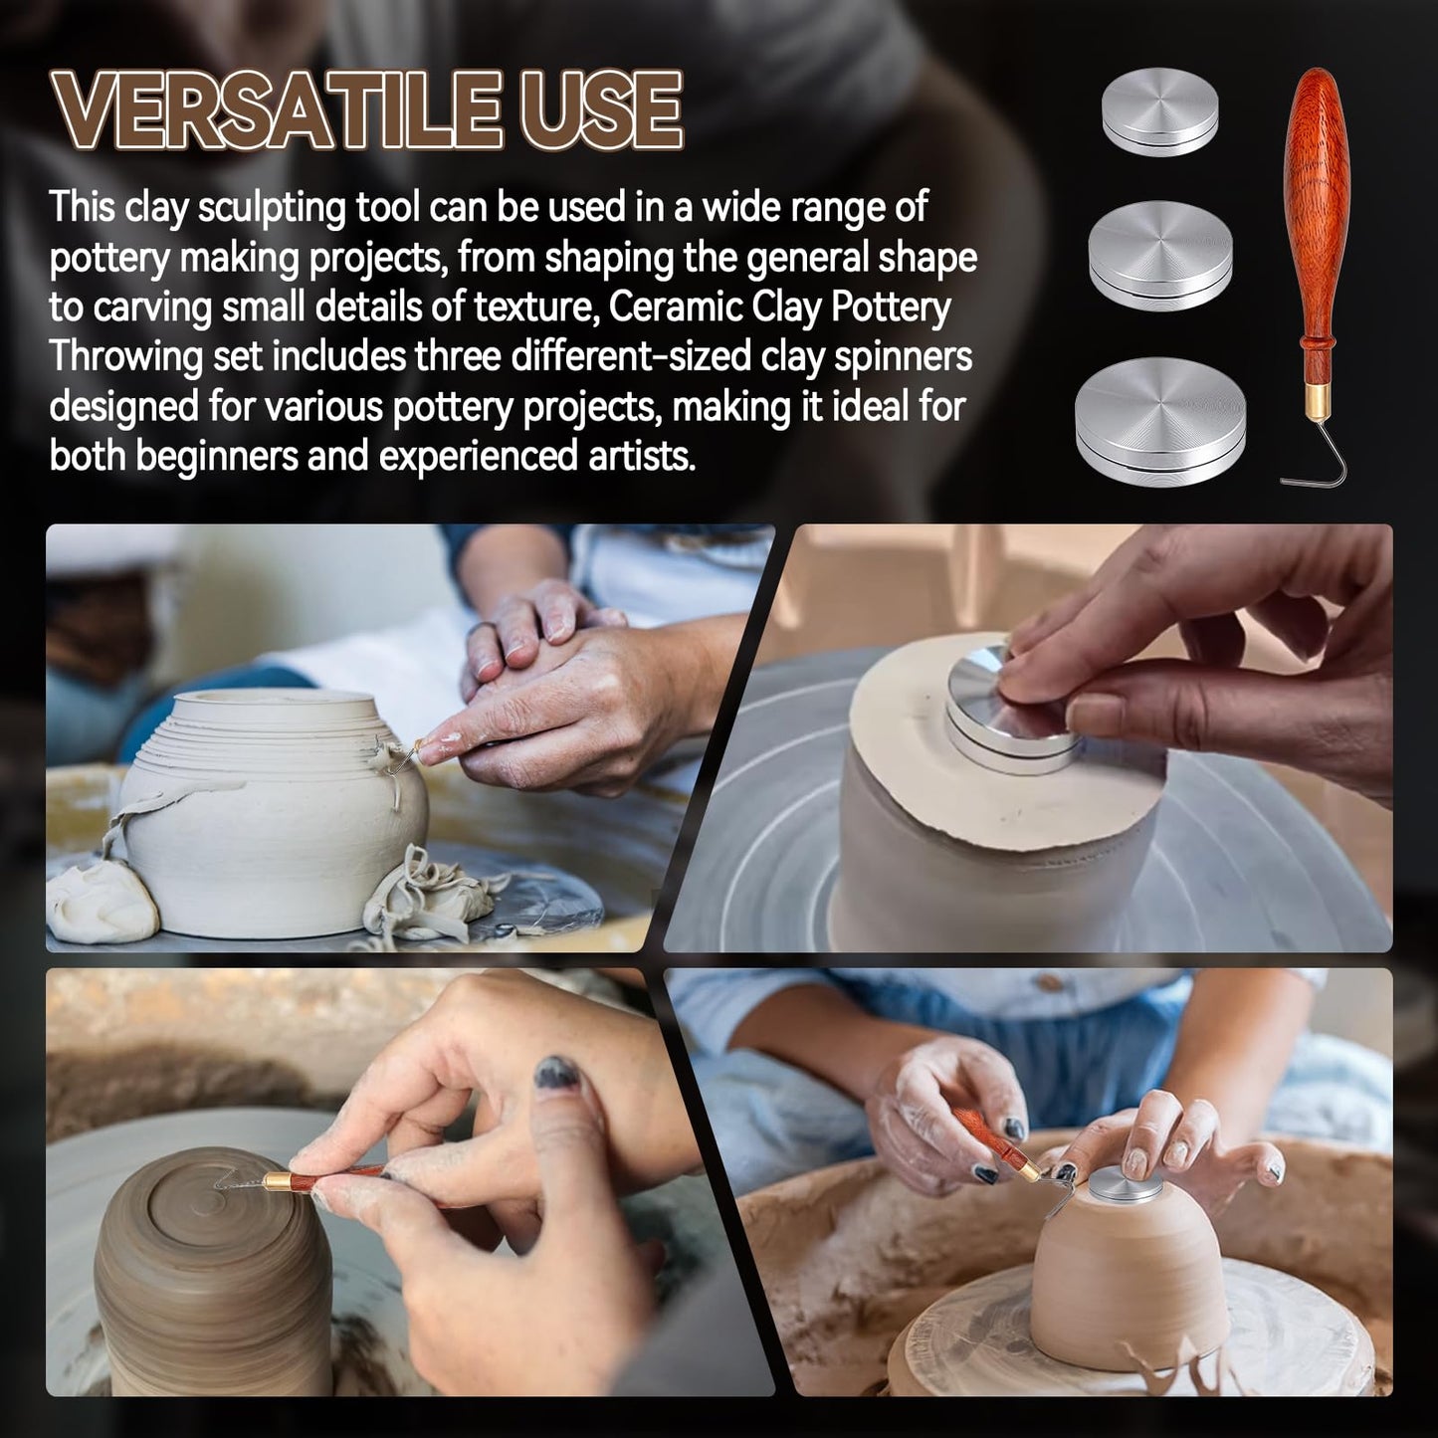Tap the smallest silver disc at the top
tap(1160, 111)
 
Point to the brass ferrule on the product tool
tap(1320, 403)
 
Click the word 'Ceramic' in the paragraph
tap(673, 308)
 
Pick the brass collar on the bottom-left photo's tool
tap(278, 1182)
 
